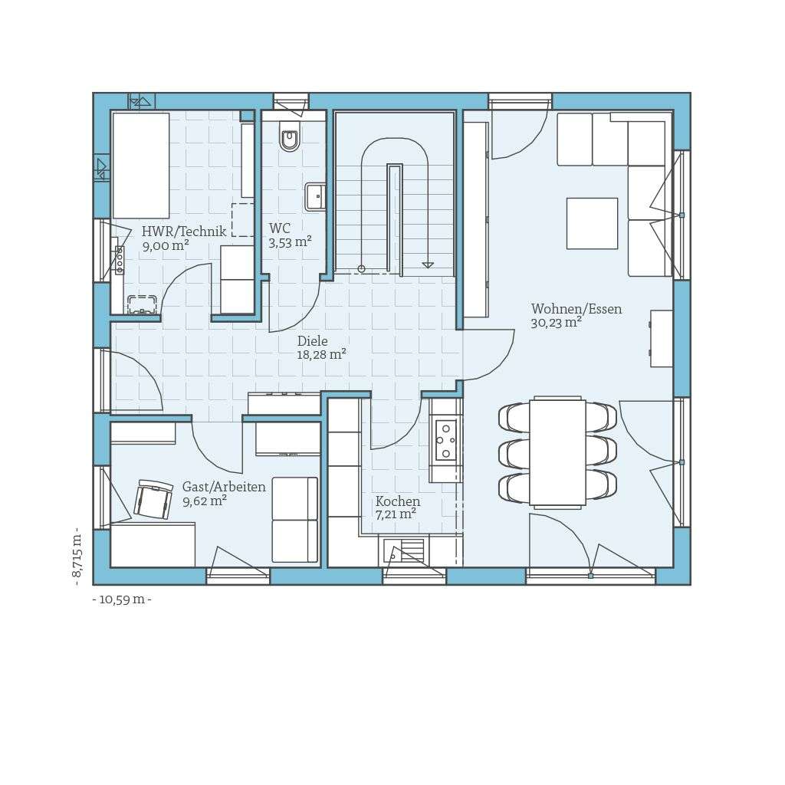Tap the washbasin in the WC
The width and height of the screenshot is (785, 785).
[314, 197]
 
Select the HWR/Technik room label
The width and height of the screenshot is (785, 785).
[184, 232]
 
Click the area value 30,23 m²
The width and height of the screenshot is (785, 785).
[556, 323]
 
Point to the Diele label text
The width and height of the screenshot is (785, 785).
[312, 341]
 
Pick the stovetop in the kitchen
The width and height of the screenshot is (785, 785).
[445, 440]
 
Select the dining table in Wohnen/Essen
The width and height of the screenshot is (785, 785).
[557, 452]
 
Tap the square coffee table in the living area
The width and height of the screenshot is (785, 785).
[592, 223]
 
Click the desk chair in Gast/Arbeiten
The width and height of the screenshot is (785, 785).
[153, 500]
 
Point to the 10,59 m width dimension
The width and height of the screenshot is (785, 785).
[122, 599]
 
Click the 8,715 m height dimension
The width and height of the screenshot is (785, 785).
[77, 557]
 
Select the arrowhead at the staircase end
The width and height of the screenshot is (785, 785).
[428, 265]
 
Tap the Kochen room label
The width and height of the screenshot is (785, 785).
[397, 501]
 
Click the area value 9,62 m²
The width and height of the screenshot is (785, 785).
[204, 501]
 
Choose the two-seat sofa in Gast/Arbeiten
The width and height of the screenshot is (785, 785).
[294, 520]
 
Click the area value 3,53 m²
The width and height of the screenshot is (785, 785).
[290, 243]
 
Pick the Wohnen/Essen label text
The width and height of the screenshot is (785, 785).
[576, 309]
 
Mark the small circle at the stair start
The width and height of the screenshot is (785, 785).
[361, 269]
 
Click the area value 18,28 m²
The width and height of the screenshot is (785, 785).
[321, 354]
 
